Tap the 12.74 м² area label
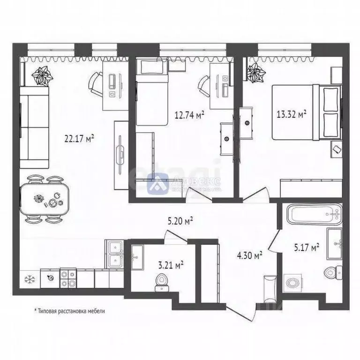click(x=189, y=114)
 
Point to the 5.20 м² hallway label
click(x=181, y=219)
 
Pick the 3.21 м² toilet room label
click(x=171, y=265)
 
